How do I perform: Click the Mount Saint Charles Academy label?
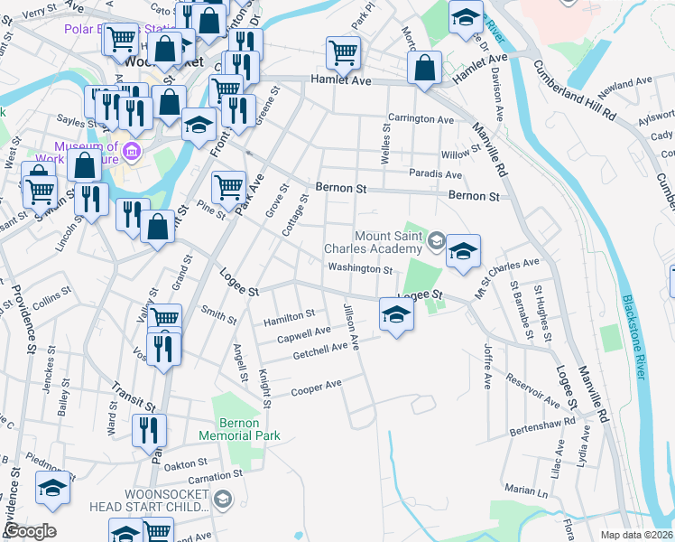point(375,241)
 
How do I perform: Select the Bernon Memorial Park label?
point(248,429)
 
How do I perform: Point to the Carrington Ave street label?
point(421,119)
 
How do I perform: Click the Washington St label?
point(360,268)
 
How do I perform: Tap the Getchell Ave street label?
point(320,350)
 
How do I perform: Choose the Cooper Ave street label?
point(316,388)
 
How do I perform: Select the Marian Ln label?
point(527,491)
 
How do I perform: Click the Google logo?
point(30,531)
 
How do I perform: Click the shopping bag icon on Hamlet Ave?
point(423,68)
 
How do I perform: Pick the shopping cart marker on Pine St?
point(228,188)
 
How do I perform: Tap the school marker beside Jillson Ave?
point(395,315)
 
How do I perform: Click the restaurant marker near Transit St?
point(149,431)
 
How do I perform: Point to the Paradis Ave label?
point(435,174)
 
